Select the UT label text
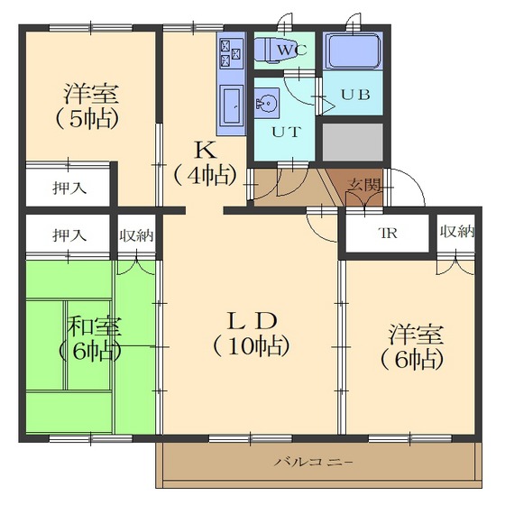(286, 131)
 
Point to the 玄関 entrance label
(364, 184)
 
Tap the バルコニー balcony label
(314, 463)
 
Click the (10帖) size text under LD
(252, 344)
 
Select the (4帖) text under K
(206, 174)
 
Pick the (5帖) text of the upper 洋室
(90, 118)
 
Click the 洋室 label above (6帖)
(416, 333)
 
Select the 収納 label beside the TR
(456, 232)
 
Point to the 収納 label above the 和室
(136, 235)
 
